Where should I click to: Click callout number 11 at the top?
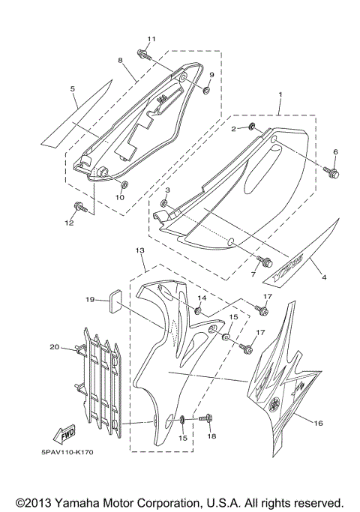coord(151,39)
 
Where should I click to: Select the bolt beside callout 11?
coord(142,54)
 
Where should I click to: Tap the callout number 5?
coord(73,90)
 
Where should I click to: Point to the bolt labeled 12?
coord(78,207)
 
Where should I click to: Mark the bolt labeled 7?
coord(264,261)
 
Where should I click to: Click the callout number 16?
coord(318,424)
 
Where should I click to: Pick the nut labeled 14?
coord(199,310)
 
